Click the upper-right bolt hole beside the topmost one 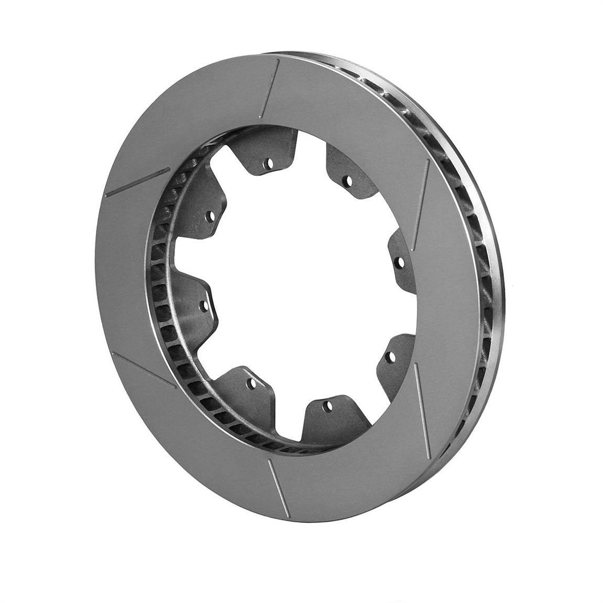(x=347, y=181)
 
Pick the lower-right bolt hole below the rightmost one (x=389, y=357)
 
